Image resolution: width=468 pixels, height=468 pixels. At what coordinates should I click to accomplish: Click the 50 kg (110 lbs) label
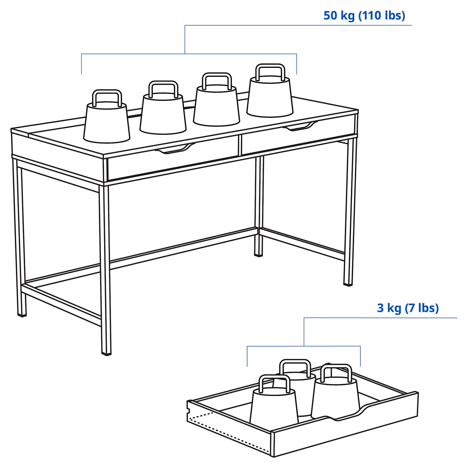click(364, 16)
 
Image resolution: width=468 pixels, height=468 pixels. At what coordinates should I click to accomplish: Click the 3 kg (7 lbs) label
click(407, 308)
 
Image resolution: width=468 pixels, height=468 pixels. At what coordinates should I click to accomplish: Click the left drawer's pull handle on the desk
click(175, 149)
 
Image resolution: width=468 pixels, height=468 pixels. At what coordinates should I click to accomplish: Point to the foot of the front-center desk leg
click(106, 353)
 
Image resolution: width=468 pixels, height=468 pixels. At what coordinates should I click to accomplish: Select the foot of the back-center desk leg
click(258, 254)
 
